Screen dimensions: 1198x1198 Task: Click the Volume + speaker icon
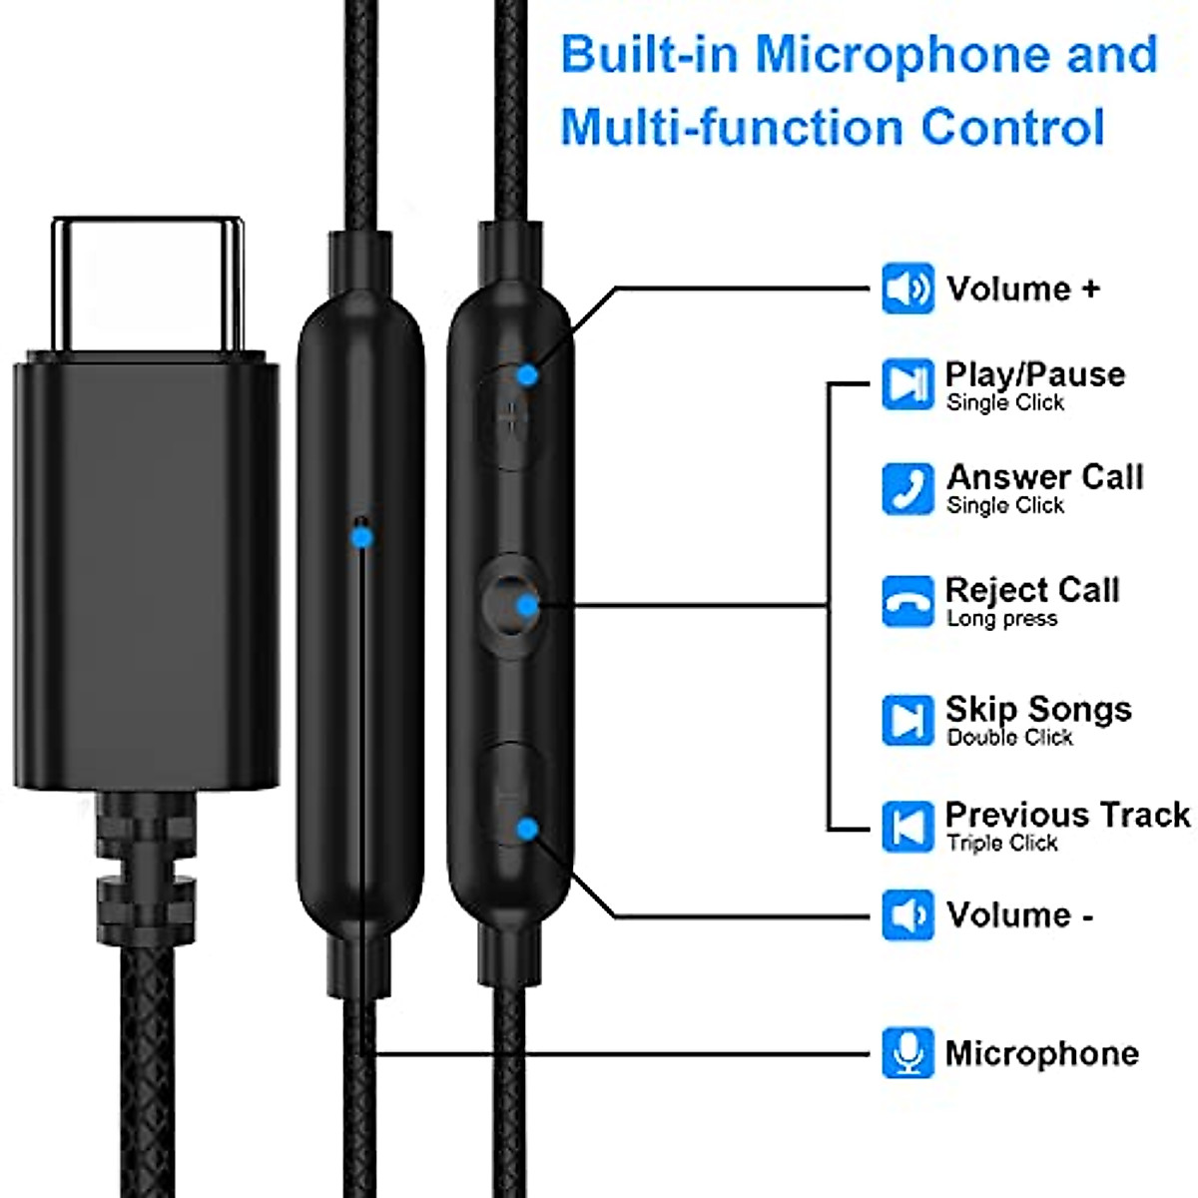click(x=907, y=289)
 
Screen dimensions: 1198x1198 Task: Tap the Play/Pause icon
click(x=907, y=383)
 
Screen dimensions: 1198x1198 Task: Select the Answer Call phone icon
click(x=907, y=488)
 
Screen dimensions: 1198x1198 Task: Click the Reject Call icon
click(x=907, y=601)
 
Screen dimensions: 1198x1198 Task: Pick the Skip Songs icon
click(x=907, y=720)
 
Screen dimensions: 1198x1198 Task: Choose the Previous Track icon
click(x=907, y=826)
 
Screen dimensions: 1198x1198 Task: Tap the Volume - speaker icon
click(x=907, y=914)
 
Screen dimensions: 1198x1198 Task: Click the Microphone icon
click(x=907, y=1052)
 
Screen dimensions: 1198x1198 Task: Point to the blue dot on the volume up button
click(x=527, y=375)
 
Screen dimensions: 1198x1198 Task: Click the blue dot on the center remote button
click(x=527, y=604)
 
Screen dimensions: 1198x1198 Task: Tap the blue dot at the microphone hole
click(x=362, y=537)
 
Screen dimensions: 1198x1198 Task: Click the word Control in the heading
click(x=1012, y=128)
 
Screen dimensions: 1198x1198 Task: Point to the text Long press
click(x=1001, y=619)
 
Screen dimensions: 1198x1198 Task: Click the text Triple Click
click(x=1001, y=844)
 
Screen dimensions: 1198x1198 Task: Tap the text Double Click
click(x=1009, y=738)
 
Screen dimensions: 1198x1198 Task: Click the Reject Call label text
click(x=1032, y=590)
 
